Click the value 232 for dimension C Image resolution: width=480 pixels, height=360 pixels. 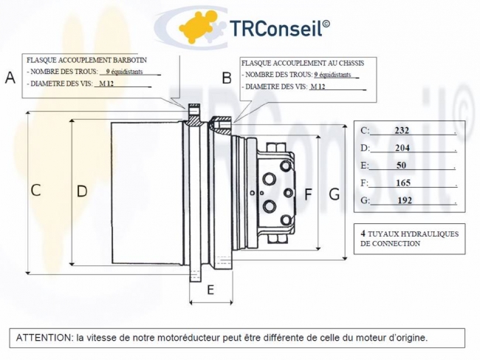402,131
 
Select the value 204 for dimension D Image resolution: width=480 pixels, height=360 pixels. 402,148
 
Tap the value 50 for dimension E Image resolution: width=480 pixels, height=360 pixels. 401,166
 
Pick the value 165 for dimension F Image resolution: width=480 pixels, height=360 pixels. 403,183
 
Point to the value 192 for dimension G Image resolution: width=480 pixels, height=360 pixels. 405,200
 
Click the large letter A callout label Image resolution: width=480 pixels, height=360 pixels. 10,78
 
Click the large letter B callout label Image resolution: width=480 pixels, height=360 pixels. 227,78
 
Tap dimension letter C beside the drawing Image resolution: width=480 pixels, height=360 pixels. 36,190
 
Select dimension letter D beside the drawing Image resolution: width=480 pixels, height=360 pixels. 82,191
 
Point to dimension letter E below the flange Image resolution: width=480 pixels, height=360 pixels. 210,290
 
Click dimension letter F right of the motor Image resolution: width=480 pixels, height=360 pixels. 308,194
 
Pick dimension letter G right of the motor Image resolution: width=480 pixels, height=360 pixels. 335,194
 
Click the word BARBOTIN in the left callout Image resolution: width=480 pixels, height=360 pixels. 130,60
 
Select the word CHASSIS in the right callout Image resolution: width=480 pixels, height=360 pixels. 352,63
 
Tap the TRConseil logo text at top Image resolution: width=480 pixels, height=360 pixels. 279,28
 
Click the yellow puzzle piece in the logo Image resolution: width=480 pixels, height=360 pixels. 196,27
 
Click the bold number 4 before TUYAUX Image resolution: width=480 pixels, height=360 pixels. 363,234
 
